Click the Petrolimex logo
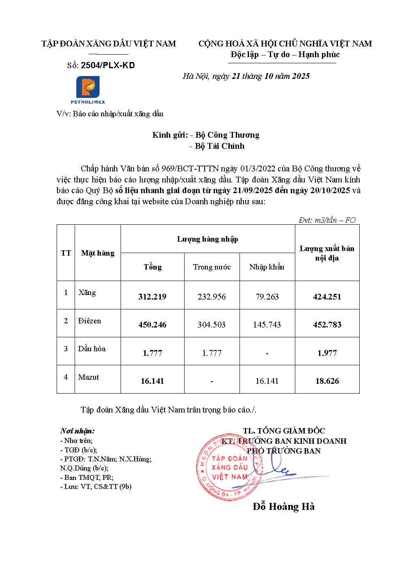tap(88, 90)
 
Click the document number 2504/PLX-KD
tap(107, 65)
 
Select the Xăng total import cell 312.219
tap(152, 297)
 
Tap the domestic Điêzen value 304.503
tap(212, 325)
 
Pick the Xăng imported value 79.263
tap(267, 297)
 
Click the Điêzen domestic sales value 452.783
tap(327, 325)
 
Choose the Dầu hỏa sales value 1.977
tap(327, 353)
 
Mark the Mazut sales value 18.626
tap(327, 381)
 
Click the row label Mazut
tap(89, 377)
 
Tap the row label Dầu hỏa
tap(92, 349)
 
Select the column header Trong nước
tap(212, 267)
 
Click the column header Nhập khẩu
tap(267, 267)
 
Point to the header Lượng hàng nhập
tap(208, 239)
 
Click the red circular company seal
tap(228, 468)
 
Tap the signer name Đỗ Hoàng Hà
tap(283, 507)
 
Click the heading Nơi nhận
tap(77, 431)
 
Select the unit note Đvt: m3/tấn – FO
tap(327, 220)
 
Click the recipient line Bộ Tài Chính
tap(219, 146)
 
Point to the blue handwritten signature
tap(279, 468)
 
